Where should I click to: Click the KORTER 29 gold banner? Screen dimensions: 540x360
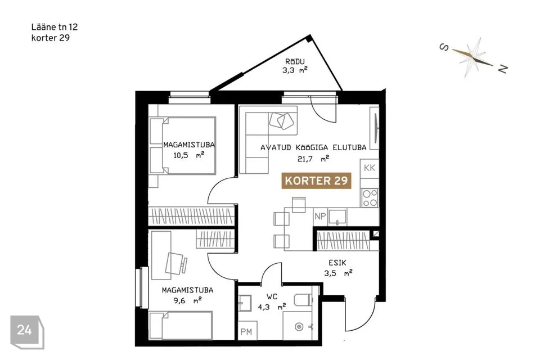pos(317,181)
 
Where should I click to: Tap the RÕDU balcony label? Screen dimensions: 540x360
pos(295,62)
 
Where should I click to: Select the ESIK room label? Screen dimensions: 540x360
pos(337,263)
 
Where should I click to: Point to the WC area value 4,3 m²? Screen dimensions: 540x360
pos(272,306)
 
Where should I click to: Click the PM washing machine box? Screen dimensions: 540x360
pos(247,331)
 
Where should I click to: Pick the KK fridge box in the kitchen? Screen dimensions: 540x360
pos(370,168)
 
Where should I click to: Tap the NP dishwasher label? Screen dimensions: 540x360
pos(320,217)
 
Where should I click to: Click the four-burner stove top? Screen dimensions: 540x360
pos(370,198)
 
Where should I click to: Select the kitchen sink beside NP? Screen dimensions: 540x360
pos(337,217)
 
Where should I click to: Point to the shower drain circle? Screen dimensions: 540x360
pos(299,326)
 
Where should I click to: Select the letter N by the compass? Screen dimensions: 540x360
pos(502,69)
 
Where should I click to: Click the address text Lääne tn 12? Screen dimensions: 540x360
pos(55,27)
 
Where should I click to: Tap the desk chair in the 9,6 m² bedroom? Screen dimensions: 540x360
pos(176,263)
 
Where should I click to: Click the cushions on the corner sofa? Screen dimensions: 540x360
pos(282,120)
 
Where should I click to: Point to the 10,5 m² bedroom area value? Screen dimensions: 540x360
pos(189,155)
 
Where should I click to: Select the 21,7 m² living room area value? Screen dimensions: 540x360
pos(313,159)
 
